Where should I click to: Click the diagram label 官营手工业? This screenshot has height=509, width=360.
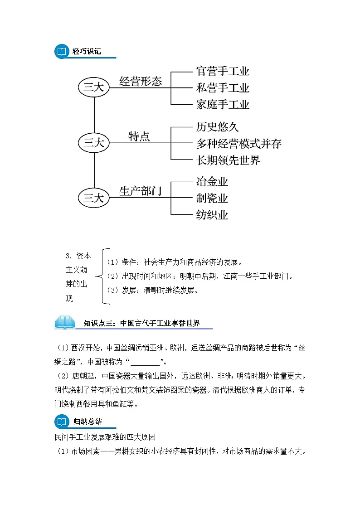click(x=223, y=71)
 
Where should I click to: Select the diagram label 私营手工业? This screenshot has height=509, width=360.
click(x=223, y=87)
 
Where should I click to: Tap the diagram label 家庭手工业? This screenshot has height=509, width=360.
click(x=223, y=105)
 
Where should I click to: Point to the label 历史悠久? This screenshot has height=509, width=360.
click(x=217, y=127)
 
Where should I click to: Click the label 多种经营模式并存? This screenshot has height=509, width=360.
click(x=239, y=144)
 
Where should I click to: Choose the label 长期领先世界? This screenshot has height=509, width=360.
click(x=228, y=160)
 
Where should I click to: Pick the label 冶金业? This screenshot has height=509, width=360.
click(x=212, y=182)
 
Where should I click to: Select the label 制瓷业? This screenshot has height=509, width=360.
click(x=212, y=198)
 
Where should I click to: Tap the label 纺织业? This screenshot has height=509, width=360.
click(x=212, y=214)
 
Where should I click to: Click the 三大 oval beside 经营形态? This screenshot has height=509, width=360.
click(x=94, y=87)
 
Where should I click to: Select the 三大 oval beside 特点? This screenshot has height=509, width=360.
click(x=94, y=143)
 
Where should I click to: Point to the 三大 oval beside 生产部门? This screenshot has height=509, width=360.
click(x=94, y=198)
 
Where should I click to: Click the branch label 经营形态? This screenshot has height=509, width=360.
click(x=141, y=81)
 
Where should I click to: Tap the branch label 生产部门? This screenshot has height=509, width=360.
click(x=141, y=191)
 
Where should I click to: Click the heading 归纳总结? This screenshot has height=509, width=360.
click(x=88, y=422)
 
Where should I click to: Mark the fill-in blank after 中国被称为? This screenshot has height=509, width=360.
click(x=145, y=362)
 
